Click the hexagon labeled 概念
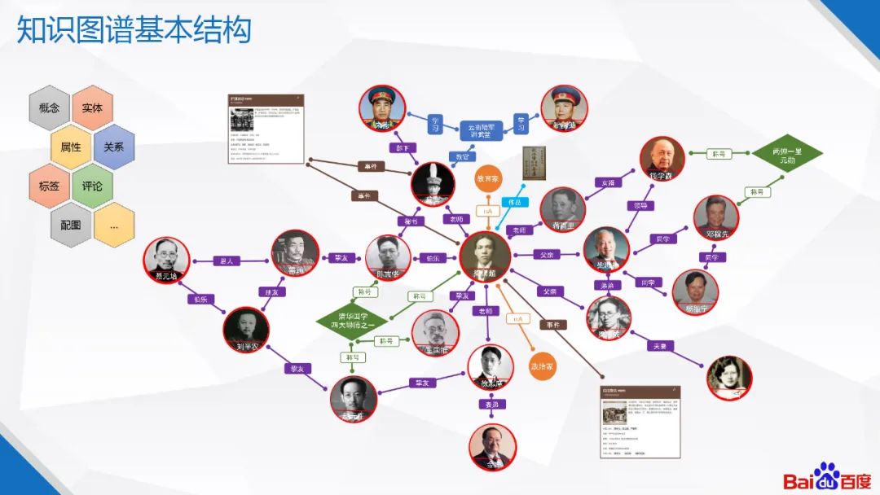(x=49, y=107)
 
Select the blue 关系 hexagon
(x=113, y=147)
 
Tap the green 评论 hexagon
(x=92, y=186)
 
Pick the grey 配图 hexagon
(x=71, y=225)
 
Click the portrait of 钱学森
(x=662, y=158)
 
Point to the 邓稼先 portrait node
(x=716, y=217)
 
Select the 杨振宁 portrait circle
(x=695, y=292)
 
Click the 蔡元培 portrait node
(x=166, y=261)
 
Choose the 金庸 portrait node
(x=493, y=446)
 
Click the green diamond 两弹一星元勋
(x=786, y=155)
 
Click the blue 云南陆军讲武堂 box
(x=481, y=130)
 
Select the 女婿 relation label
(x=606, y=182)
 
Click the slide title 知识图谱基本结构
(x=134, y=31)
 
